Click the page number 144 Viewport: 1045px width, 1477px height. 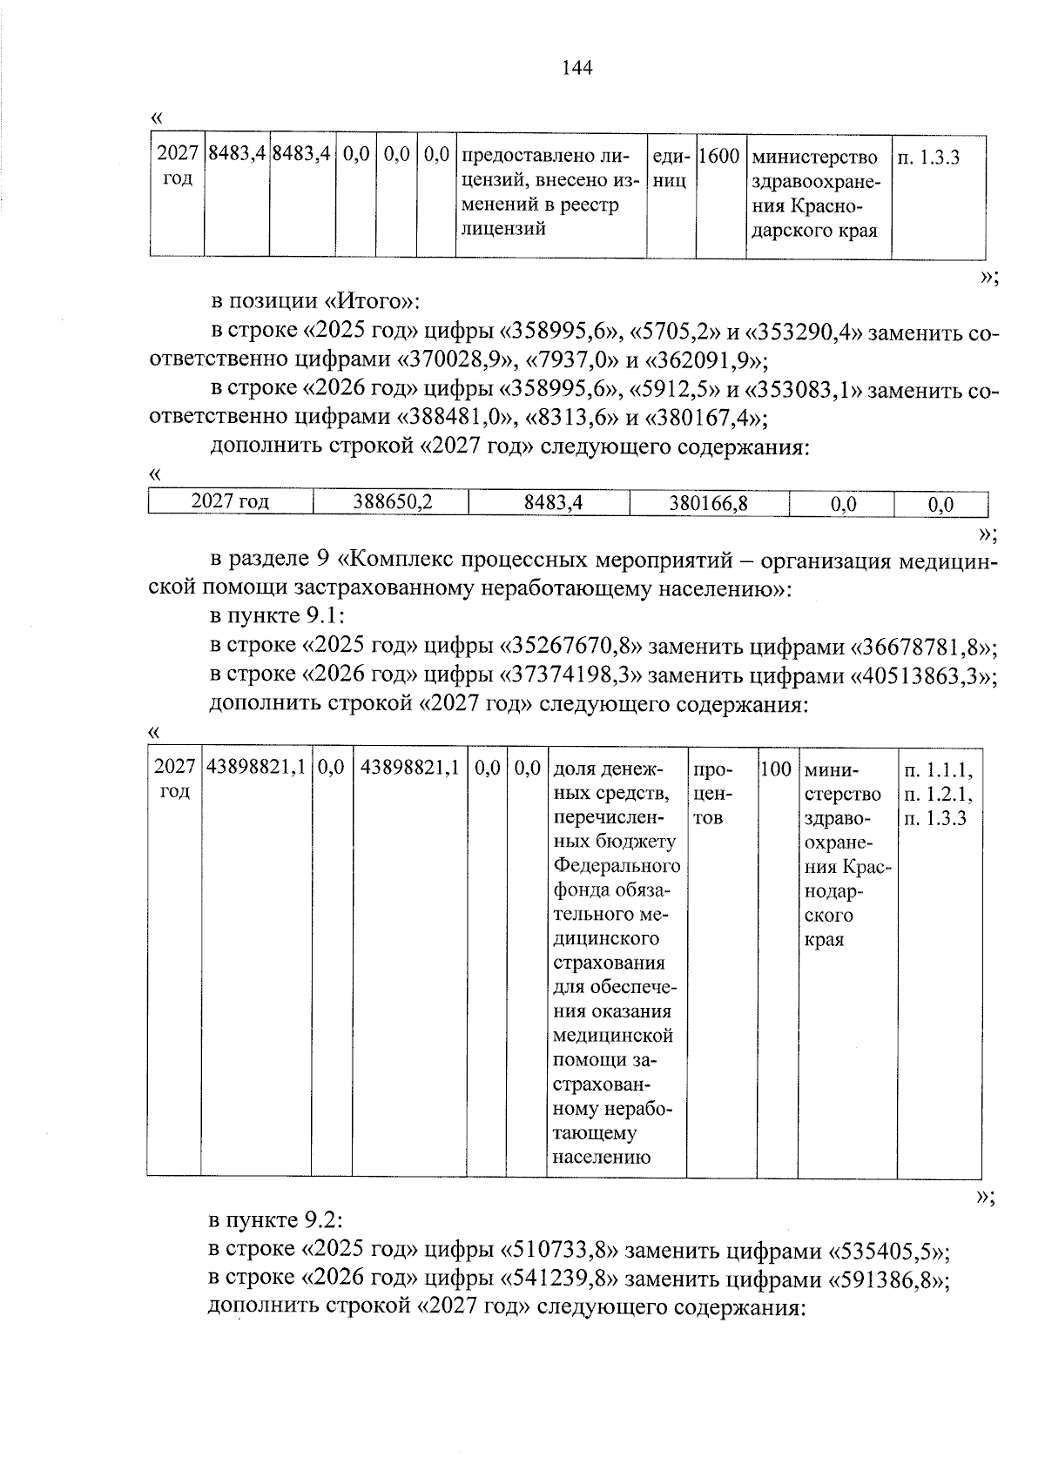tap(577, 68)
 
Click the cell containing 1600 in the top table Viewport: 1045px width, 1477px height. tap(719, 158)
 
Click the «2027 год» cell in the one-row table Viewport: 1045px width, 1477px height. tap(230, 502)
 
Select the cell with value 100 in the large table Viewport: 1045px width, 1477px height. tap(775, 769)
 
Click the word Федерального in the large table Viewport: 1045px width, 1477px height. tap(617, 867)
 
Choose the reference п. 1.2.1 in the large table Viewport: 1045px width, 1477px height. tap(939, 794)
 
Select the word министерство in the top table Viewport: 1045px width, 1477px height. tap(814, 158)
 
